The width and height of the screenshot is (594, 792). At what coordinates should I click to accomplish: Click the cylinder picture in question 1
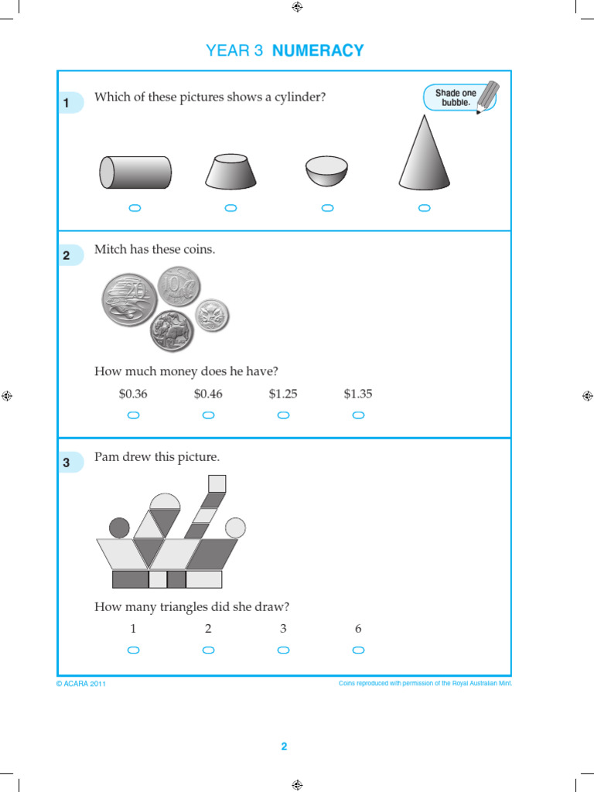coord(135,172)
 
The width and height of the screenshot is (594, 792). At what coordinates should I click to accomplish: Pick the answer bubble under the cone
coord(424,208)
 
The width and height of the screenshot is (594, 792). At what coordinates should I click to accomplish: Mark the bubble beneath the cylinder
coord(135,208)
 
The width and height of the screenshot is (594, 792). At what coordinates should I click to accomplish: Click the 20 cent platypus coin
coord(130,299)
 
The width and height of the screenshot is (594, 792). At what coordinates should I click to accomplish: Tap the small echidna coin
coord(211,315)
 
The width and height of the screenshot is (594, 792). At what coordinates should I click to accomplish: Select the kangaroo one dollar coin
coord(172,331)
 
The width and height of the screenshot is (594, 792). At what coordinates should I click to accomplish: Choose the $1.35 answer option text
coord(358,394)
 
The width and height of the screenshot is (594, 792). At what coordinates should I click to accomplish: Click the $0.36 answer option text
coord(133,394)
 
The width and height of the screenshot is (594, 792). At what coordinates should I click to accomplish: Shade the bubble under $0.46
coord(208,415)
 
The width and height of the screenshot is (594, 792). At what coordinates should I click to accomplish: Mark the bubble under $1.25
coord(283,415)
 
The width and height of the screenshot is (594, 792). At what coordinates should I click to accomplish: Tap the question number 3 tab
coord(67,463)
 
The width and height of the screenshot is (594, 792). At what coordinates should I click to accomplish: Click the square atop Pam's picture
coord(217,483)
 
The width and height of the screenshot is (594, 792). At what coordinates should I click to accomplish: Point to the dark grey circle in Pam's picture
coord(119,528)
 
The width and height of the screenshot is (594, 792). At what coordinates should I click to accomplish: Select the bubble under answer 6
coord(358,650)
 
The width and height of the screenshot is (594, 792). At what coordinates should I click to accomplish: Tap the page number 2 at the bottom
coord(284,746)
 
